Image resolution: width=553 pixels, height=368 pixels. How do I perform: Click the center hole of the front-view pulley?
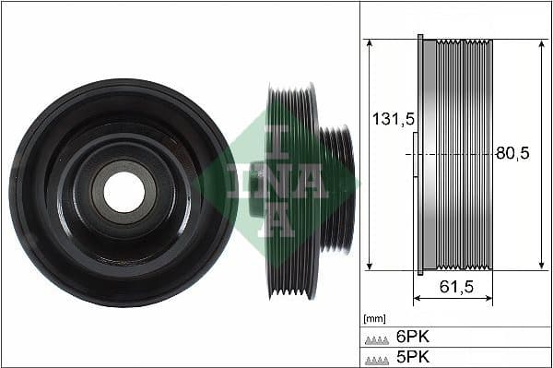pyautogui.click(x=124, y=191)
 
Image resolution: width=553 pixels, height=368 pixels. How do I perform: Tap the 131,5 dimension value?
pyautogui.click(x=389, y=119)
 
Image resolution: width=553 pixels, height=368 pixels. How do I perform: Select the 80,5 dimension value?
pyautogui.click(x=512, y=154)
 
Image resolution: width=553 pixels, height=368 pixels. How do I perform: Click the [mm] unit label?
pyautogui.click(x=374, y=318)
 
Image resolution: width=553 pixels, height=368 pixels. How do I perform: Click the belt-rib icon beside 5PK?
pyautogui.click(x=377, y=358)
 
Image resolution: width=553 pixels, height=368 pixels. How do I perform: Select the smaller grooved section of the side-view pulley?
pyautogui.click(x=337, y=190)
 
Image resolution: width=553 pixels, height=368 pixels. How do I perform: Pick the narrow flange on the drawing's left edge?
pyautogui.click(x=420, y=154)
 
